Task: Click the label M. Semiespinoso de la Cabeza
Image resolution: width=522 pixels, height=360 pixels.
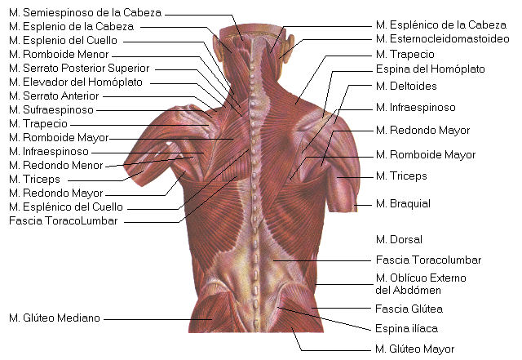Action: [x=85, y=13]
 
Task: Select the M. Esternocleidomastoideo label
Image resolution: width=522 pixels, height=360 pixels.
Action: [x=442, y=38]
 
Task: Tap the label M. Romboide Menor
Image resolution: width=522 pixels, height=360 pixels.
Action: [x=59, y=54]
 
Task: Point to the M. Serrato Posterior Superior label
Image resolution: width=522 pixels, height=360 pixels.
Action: [x=79, y=68]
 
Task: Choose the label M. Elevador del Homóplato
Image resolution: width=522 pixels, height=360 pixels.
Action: [x=76, y=82]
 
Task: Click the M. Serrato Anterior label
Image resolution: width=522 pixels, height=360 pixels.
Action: [x=54, y=96]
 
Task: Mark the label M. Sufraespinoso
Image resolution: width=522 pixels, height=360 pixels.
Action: [x=51, y=109]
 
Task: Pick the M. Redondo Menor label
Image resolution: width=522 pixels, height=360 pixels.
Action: [x=56, y=165]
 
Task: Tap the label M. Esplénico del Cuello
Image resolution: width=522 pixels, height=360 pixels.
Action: [x=66, y=207]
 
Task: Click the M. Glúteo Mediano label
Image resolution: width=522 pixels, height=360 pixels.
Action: [x=55, y=318]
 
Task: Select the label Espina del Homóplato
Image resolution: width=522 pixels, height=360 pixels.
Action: [x=430, y=69]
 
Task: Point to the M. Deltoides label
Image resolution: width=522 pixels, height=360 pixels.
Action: [x=406, y=86]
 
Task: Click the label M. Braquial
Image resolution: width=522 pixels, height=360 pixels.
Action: [x=403, y=203]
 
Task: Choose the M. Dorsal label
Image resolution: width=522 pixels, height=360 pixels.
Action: [x=399, y=239]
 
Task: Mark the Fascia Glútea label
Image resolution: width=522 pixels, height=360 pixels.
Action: [x=409, y=309]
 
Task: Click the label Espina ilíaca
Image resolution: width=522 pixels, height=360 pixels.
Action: [x=406, y=328]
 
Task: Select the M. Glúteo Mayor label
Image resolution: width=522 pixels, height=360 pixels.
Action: [x=415, y=349]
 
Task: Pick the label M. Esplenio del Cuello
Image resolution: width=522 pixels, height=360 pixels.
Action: [x=63, y=40]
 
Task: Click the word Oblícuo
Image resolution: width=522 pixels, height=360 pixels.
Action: [x=411, y=278]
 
